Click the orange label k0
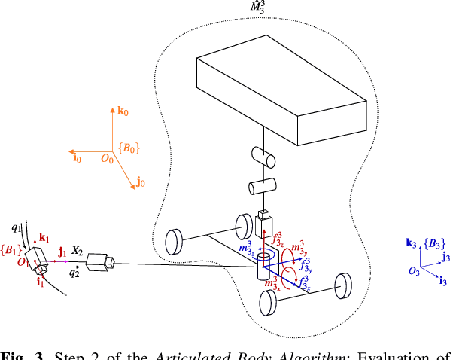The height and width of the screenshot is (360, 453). coord(123,111)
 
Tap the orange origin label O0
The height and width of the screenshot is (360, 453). coord(108,159)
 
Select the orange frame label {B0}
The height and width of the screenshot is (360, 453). coord(130,148)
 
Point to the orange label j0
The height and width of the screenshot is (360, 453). coord(140,183)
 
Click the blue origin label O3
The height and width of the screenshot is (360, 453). coord(415,271)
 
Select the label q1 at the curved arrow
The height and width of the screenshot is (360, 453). coord(17,225)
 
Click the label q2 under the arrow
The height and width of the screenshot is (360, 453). coord(74,273)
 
